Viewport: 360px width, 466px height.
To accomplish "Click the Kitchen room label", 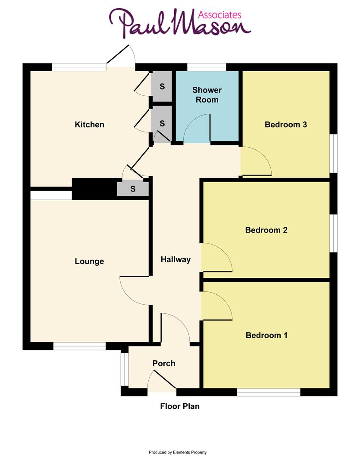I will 90,125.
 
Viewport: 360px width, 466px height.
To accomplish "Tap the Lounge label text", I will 89,261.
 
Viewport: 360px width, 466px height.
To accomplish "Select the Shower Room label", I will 207,95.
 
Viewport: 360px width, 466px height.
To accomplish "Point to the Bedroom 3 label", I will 286,125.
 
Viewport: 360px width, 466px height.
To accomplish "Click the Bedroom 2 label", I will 266,230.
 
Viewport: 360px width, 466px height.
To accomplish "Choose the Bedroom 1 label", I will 266,335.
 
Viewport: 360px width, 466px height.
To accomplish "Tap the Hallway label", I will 175,259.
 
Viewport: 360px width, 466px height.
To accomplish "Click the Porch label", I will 164,363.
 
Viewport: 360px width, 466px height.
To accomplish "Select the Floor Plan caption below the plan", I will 180,406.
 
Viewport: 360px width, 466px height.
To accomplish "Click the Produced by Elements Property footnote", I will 178,452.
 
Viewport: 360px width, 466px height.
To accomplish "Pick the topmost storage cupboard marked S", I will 162,86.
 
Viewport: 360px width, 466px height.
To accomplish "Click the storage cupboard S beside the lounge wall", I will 133,189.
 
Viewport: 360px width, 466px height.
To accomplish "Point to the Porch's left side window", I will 124,369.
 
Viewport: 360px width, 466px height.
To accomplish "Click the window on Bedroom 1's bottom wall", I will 269,392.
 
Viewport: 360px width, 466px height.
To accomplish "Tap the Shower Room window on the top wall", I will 207,67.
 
